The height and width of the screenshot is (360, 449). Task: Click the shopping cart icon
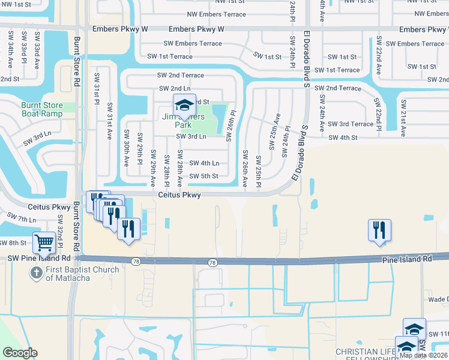pos(44,242)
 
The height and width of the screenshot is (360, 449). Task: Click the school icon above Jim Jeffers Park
pos(184,106)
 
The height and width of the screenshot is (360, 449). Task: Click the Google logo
pos(20,352)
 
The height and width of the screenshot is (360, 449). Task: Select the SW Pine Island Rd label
pos(39,258)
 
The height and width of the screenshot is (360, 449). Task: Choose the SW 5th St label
pos(204,176)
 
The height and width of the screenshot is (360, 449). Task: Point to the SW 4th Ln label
pos(204,163)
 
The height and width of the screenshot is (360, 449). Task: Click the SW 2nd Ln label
pos(175,89)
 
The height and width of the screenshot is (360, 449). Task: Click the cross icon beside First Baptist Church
pos(36,272)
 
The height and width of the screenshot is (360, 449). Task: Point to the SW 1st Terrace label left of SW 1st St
pos(170,56)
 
